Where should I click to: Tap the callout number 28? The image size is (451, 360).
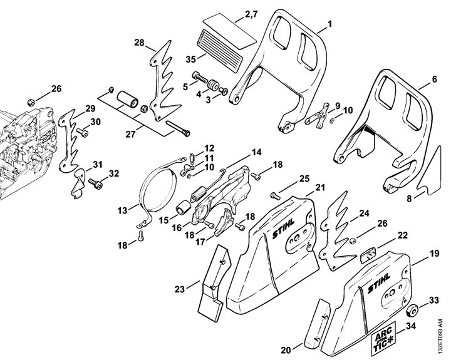click(x=139, y=43)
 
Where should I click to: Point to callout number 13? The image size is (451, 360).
click(x=133, y=208)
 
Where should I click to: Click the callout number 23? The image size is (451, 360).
click(x=180, y=289)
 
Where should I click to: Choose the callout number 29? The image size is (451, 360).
click(x=90, y=108)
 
